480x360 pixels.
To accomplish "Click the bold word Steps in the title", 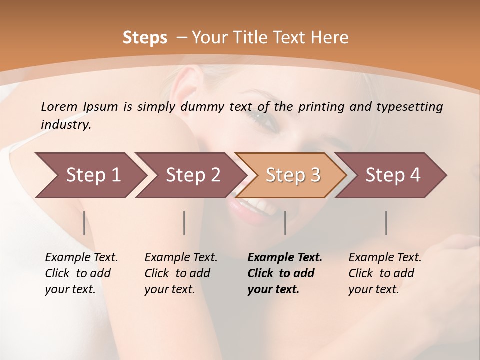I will pos(145,38).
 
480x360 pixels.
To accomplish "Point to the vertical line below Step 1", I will pos(84,223).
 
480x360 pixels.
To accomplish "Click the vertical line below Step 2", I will pos(184,223).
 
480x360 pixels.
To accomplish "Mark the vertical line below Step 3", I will pos(285,223).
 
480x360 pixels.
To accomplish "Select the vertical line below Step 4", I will pos(386,223).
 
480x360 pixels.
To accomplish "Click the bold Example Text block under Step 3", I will pos(285,273).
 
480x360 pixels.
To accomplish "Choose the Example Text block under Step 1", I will pos(81,273).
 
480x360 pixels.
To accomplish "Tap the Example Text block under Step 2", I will pos(181,273).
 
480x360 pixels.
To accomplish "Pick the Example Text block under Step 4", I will pos(385,273).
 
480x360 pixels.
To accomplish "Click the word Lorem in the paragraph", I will pos(59,106).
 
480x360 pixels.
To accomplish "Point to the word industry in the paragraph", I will pos(66,125).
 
